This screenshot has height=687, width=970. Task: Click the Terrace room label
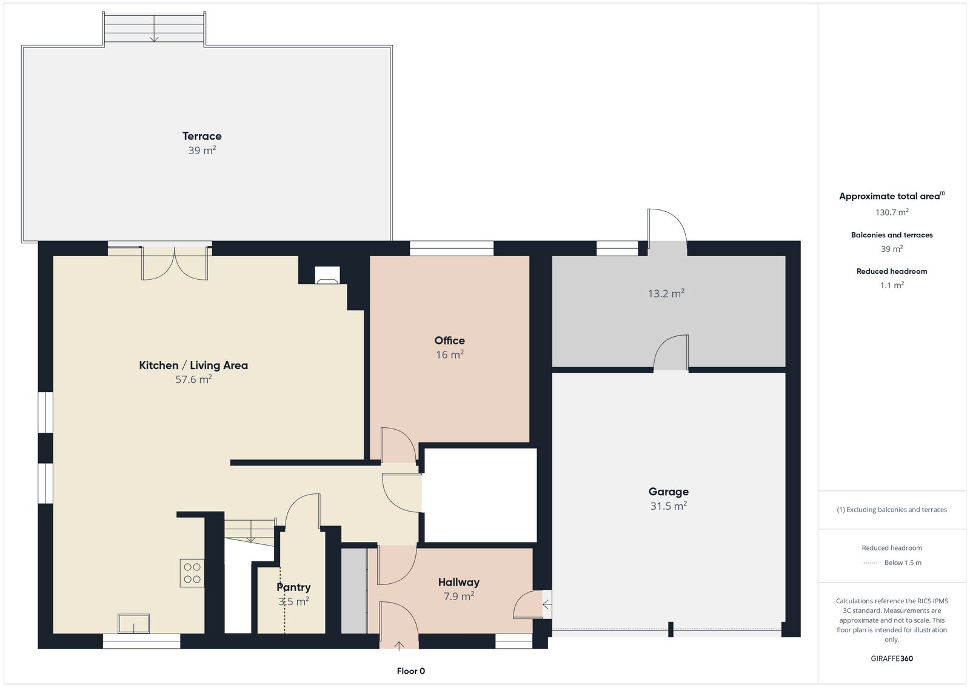pos(202,136)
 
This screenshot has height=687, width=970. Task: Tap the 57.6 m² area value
pos(193,379)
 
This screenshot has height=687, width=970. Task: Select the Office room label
pos(449,340)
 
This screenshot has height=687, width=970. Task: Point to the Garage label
pos(668,492)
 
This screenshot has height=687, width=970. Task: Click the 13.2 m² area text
pos(666,294)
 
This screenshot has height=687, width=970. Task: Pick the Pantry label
pos(293,587)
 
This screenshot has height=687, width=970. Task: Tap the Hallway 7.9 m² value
pos(458,597)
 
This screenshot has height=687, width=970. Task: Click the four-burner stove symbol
pos(192,573)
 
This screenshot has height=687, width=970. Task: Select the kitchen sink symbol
pos(134,624)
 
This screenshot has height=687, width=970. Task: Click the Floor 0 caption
pos(411,671)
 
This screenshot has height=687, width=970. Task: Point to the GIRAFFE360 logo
pos(892,658)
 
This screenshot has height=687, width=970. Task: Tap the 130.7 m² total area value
pos(892,212)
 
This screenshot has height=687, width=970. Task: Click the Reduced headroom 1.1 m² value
pos(892,285)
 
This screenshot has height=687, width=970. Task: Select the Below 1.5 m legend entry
pos(892,563)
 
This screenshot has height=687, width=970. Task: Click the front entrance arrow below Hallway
pos(399,646)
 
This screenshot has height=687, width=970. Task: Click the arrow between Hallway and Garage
pos(547,604)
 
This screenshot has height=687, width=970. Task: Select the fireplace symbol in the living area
pos(327,276)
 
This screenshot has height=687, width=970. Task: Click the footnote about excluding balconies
pos(892,510)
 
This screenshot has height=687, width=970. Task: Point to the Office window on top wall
pos(451,248)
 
